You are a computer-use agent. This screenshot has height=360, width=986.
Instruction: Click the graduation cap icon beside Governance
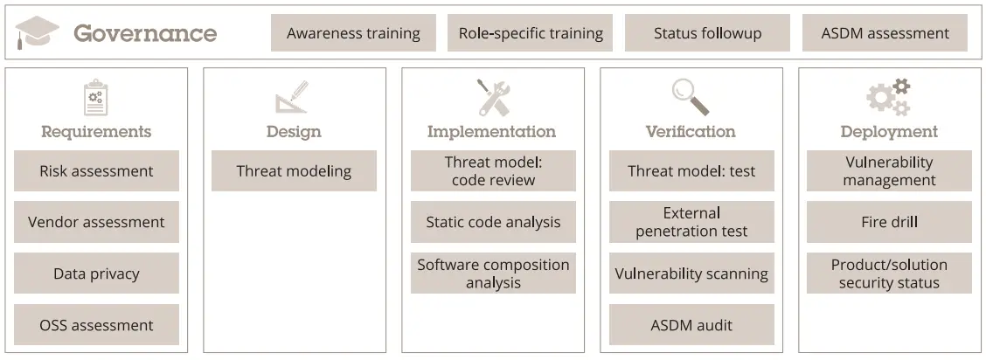coord(38,33)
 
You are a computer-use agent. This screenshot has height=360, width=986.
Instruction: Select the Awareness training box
coord(353,33)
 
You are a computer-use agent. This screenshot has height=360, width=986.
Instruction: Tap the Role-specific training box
coord(531,33)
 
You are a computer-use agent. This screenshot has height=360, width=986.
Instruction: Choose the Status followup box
coord(707,33)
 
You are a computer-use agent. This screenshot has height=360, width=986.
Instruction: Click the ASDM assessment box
coord(885,33)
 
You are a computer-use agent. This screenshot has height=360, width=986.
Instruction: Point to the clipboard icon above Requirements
coord(95,97)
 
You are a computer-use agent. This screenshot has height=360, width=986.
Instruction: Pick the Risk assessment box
coord(96,171)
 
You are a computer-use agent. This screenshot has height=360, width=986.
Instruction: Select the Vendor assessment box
coord(96,222)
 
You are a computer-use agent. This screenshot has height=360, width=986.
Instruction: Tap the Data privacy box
coord(96,273)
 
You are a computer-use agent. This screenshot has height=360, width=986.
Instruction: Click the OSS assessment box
coord(96,325)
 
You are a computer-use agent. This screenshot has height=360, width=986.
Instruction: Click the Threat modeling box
coord(294,171)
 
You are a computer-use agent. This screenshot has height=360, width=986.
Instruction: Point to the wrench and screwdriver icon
coord(492,97)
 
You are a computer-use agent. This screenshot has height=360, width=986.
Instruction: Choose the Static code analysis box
coord(493,222)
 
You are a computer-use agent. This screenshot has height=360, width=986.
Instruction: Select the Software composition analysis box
coord(493,273)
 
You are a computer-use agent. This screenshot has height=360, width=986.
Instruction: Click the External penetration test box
coord(691,222)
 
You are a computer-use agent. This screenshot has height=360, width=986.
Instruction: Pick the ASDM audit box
coord(691,325)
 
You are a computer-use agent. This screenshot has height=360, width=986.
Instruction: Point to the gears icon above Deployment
coord(888,97)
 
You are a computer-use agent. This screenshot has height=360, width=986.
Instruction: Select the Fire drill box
coord(889,222)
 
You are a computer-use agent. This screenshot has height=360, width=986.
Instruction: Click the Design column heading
coord(294,132)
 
